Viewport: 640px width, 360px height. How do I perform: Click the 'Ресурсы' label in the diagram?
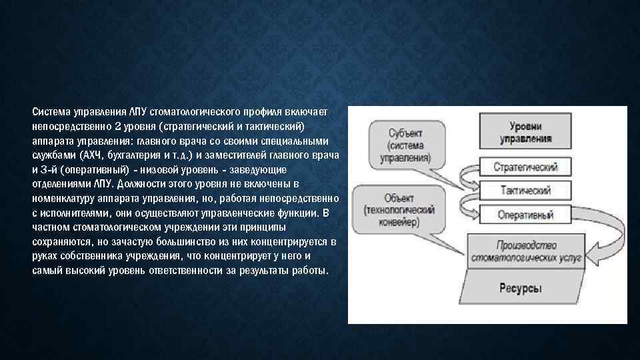(x=521, y=289)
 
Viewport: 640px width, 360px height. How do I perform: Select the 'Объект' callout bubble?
(x=400, y=210)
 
